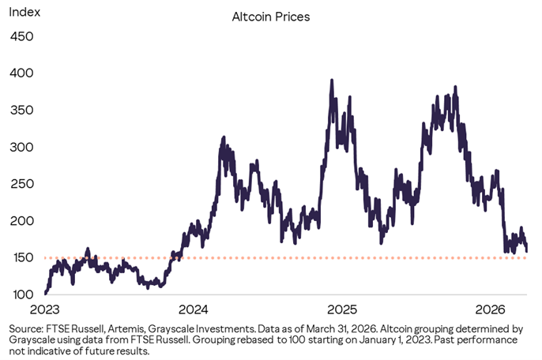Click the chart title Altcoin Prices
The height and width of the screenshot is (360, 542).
tap(270, 16)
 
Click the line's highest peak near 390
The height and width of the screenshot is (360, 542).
tap(332, 81)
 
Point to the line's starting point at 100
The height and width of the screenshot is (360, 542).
tap(46, 294)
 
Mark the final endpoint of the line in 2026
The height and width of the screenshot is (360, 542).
tap(528, 251)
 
